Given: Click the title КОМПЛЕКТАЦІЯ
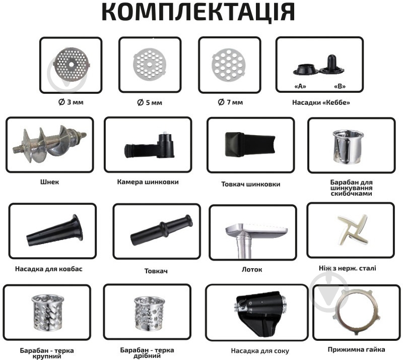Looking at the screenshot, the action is coord(198,12).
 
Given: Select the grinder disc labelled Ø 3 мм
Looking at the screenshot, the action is coord(72,65).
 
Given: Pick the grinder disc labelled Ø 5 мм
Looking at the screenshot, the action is coord(150,65).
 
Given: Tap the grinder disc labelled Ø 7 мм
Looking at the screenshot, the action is coord(229,65).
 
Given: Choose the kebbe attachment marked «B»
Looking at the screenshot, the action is coord(332,66).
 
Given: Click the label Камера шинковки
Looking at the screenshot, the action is coord(148,182).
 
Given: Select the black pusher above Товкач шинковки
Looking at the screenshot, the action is coord(250,144).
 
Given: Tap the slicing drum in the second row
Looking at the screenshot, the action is coord(348,147).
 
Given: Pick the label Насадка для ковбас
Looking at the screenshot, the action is coord(48,269).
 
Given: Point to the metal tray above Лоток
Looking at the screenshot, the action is coord(253,239).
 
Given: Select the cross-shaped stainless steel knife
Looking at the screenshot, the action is coord(353,229).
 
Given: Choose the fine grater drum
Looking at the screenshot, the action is coord(149,314).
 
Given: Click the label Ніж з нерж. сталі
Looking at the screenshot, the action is coord(347,268).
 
